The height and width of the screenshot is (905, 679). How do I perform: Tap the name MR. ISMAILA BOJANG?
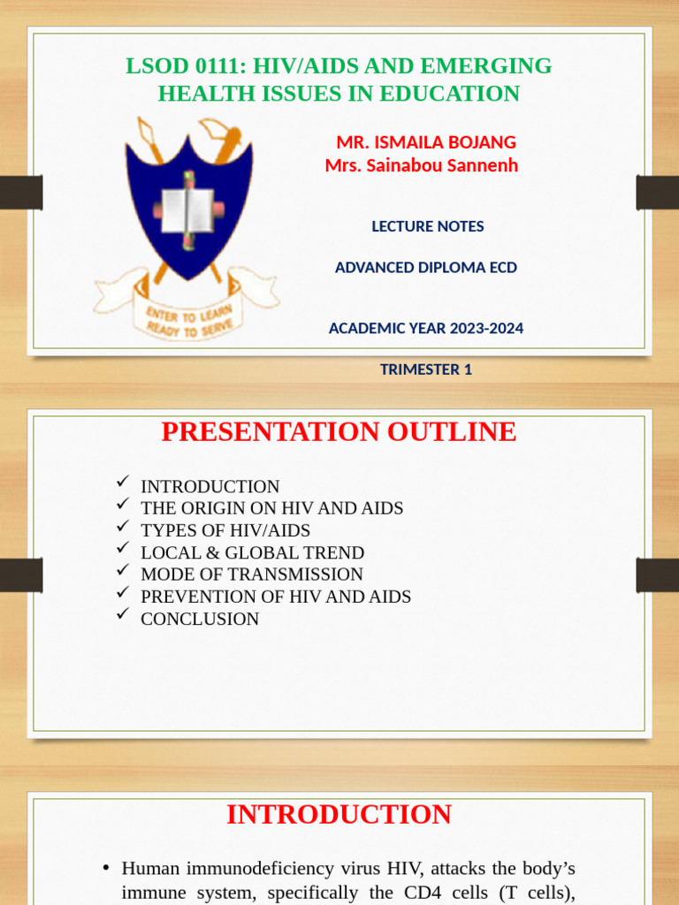coord(426,142)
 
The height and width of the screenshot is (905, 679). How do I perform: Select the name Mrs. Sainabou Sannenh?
coord(421,165)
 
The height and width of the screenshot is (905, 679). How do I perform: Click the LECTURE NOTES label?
coord(428,226)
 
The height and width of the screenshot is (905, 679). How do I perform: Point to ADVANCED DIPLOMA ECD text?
coord(426,268)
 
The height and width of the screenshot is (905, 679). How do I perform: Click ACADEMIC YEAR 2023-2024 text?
coord(426,329)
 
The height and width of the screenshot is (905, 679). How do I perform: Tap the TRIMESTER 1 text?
coord(426,369)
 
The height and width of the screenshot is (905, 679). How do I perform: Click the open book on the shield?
coord(187,210)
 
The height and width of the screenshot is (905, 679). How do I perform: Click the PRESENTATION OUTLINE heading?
coord(339,432)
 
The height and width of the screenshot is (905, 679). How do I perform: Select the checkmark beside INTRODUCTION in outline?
coord(123,482)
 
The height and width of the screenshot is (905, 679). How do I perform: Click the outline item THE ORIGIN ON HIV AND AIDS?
coord(271,508)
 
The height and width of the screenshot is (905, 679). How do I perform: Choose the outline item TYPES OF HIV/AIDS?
coord(225,530)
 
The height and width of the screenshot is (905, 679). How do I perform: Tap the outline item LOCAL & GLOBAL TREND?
coord(252,552)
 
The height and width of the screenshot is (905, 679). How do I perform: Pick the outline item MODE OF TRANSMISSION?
coord(252,574)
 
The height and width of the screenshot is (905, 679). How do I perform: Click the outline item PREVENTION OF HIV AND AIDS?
coord(276,597)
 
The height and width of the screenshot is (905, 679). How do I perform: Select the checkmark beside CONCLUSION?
coord(123,614)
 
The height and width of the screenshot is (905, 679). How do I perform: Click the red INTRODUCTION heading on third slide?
coord(339,814)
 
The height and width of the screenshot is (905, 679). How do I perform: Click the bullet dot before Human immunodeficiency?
coord(106,870)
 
